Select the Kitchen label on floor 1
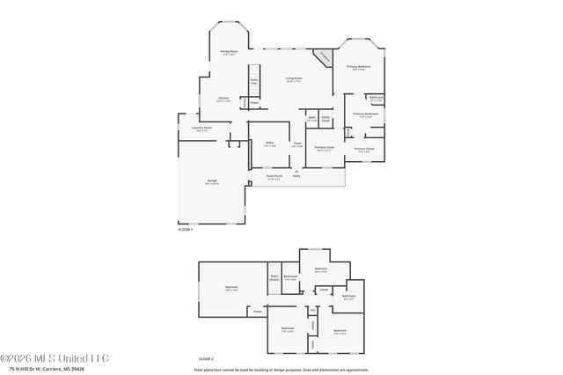click(224, 99)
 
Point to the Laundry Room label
click(202, 129)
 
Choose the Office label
click(270, 143)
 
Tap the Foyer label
click(298, 143)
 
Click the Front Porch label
click(274, 176)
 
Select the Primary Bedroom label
click(358, 68)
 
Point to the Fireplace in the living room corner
click(324, 56)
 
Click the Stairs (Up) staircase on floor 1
click(254, 75)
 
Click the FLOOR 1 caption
click(186, 229)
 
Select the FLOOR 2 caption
click(206, 358)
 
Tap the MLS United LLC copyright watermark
click(55, 358)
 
